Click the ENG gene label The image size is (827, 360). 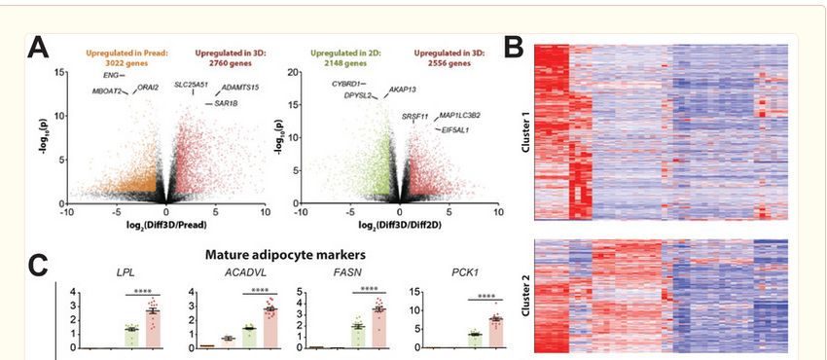pos(111,75)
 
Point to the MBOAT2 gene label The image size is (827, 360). pos(107,90)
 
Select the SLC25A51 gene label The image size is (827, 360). pos(192,85)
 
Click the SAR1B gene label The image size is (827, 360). pos(226,103)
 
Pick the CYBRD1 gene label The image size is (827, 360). pos(346,84)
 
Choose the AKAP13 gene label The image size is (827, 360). pos(403,90)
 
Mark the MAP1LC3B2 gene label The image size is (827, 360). pos(460,115)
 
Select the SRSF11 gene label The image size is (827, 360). pos(415,116)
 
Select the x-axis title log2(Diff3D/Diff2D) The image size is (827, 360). pos(400,225)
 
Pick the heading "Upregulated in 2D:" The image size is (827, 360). pos(346,54)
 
